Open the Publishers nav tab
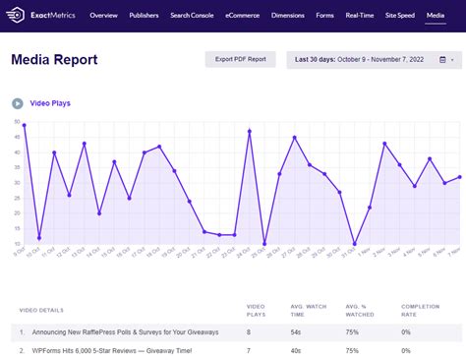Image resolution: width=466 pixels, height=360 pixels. point(145,17)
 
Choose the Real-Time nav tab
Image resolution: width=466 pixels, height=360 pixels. point(361,17)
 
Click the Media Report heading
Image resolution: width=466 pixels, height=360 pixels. point(54,60)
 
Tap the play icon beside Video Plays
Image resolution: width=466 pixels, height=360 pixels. point(17,103)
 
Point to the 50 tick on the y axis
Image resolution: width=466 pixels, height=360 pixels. point(17,122)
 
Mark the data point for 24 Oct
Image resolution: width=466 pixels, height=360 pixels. point(250,131)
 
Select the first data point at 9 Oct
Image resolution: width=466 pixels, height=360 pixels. point(24,125)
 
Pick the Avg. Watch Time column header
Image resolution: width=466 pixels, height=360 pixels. point(309,312)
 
